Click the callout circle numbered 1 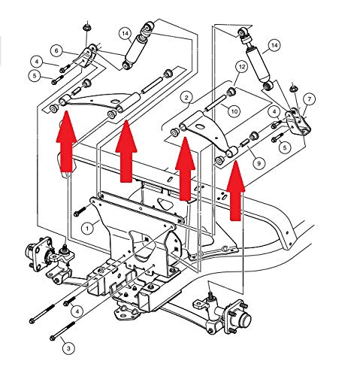click(87, 229)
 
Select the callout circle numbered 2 click(186, 98)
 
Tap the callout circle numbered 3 click(68, 347)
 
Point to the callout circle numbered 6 click(56, 50)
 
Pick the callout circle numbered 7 click(310, 99)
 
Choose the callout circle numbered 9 click(259, 163)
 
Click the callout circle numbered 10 click(234, 111)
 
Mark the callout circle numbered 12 click(242, 67)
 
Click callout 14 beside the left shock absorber click(126, 33)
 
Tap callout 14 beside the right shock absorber click(274, 45)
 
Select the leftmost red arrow click(66, 142)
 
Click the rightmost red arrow click(236, 190)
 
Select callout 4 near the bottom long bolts click(77, 311)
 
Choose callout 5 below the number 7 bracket click(284, 147)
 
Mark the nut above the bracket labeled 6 click(86, 28)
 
